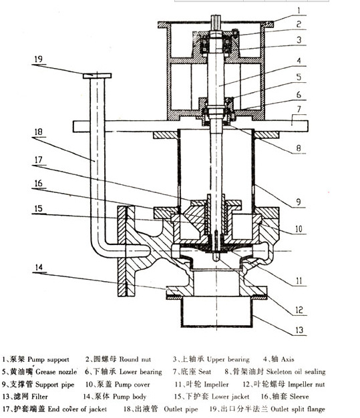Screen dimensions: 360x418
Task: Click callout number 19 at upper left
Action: (39, 59)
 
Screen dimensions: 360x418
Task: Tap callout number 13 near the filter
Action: (299, 330)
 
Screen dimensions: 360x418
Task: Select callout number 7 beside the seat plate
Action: (299, 110)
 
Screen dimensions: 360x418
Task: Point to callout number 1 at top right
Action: (299, 11)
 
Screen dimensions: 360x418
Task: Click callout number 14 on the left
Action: (39, 267)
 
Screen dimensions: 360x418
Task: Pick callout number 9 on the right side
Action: (299, 202)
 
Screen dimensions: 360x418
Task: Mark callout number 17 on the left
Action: (39, 160)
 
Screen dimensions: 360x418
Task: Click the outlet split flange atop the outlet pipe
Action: (97, 75)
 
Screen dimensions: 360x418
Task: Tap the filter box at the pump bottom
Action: (216, 312)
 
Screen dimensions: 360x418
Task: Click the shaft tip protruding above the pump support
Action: (216, 19)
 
